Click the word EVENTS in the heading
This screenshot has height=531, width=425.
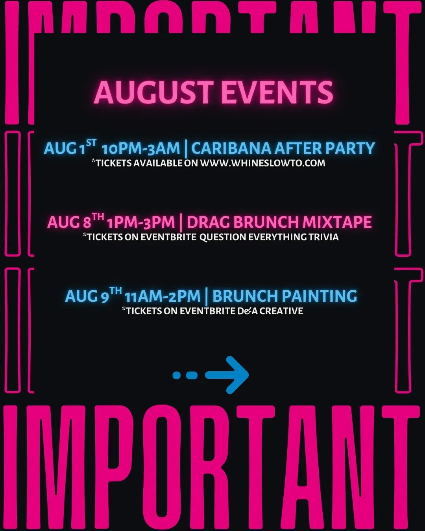point(277,92)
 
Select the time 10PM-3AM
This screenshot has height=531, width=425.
point(141,148)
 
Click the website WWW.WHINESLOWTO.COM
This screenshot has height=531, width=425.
point(262,163)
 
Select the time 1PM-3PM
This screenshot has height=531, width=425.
point(141,222)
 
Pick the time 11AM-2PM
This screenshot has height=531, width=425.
point(163,296)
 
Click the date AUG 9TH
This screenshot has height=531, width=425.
point(94,295)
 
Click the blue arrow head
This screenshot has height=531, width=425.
point(235,375)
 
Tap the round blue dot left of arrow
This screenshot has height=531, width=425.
point(177,375)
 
